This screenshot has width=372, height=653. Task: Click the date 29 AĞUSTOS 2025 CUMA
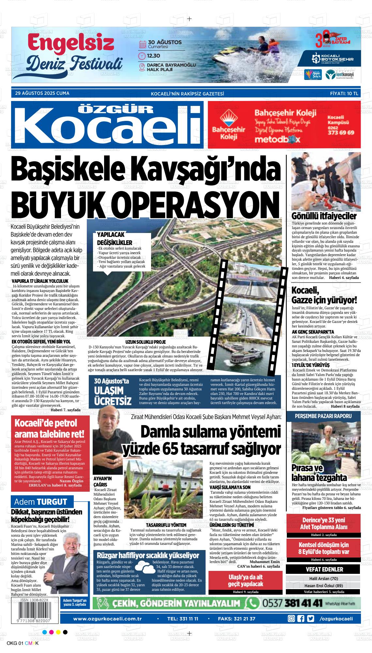click(x=42, y=93)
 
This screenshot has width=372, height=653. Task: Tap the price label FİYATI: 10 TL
click(x=344, y=93)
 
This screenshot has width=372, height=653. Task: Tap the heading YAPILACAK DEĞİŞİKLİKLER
click(x=115, y=239)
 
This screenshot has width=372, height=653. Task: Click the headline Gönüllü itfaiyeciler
click(x=324, y=216)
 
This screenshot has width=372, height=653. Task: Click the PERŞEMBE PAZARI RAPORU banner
click(x=323, y=416)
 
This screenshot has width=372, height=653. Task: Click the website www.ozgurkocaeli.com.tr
click(x=107, y=619)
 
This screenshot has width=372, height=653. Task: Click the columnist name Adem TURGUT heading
click(x=40, y=501)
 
